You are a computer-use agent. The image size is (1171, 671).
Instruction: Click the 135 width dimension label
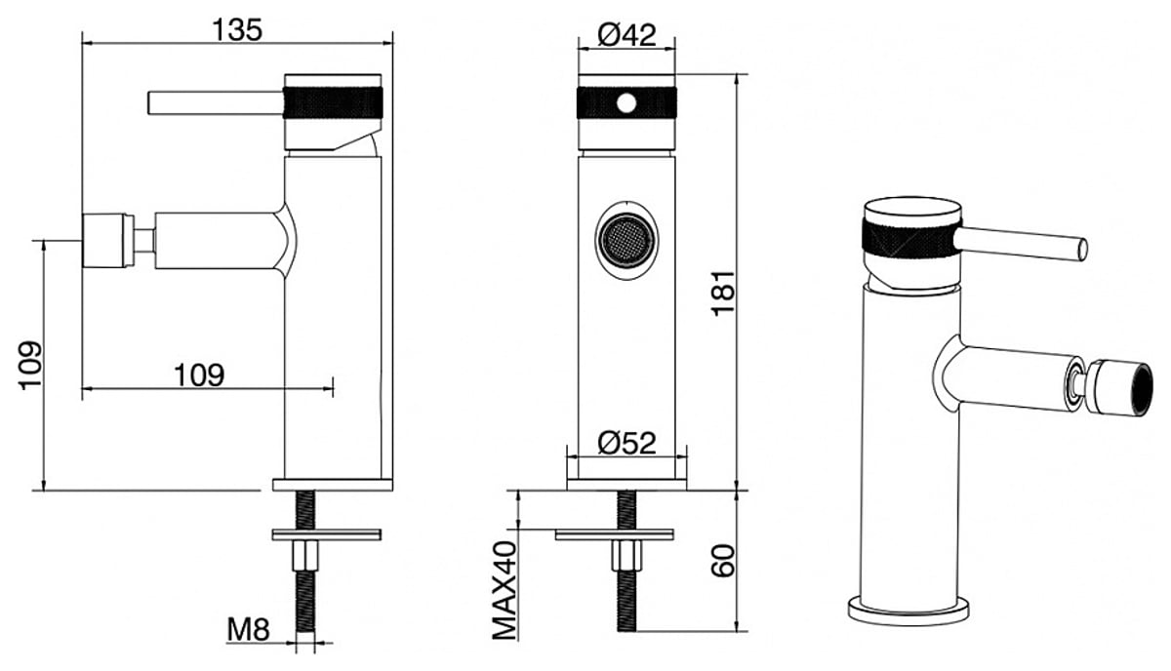(237, 30)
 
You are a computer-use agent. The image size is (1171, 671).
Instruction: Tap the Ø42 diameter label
(626, 35)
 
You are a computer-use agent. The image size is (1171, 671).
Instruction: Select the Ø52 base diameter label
(626, 443)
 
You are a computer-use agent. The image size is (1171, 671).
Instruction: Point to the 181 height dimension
(722, 294)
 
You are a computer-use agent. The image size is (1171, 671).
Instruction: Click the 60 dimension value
(722, 561)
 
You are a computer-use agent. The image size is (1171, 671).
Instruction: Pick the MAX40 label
(505, 590)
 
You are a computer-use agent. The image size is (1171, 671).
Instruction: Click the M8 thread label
(248, 629)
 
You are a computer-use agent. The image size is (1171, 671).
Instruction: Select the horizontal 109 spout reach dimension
(199, 375)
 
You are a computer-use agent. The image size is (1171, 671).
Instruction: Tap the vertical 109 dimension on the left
(30, 366)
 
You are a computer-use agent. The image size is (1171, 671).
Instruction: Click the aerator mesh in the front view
(626, 241)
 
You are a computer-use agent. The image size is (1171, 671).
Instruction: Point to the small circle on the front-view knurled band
(626, 103)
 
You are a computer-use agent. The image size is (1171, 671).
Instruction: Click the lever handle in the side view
(216, 103)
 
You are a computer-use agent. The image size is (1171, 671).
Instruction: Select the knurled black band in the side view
(333, 102)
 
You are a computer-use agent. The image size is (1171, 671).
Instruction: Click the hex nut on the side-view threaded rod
(305, 556)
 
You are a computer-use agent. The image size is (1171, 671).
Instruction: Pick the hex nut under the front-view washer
(626, 556)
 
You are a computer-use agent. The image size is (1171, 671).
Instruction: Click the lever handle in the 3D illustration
(1021, 244)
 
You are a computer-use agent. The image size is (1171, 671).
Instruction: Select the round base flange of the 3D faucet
(909, 612)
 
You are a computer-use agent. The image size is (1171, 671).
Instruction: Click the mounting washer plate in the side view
(327, 534)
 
